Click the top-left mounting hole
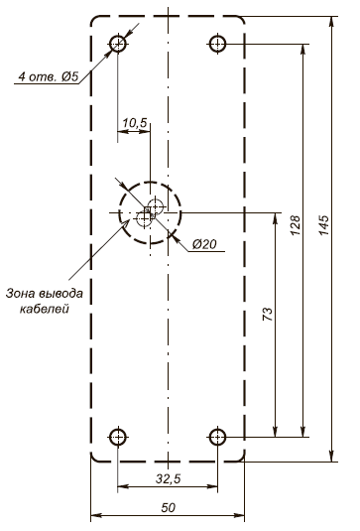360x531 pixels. (x=118, y=44)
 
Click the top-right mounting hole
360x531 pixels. (x=218, y=44)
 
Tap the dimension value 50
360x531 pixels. (x=168, y=507)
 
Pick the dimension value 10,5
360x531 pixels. (x=134, y=122)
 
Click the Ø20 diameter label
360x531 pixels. (x=205, y=244)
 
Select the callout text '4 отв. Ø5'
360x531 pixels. (x=49, y=75)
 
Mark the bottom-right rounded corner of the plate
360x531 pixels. (x=242, y=458)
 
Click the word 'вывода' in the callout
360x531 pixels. (x=71, y=293)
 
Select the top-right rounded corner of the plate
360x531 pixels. (x=242, y=21)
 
